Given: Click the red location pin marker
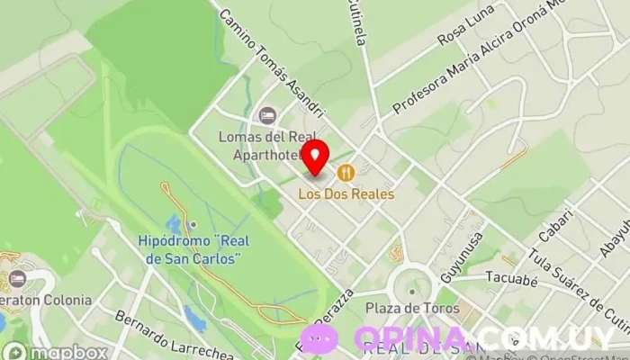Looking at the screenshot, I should click(x=315, y=158).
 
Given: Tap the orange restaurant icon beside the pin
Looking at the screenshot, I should click(x=344, y=172).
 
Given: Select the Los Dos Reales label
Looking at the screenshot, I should click(x=346, y=193).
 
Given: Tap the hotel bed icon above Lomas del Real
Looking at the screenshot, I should click(x=266, y=115).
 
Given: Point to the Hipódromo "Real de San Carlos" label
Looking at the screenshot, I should click(x=191, y=249).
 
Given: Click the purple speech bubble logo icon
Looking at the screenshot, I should click(x=319, y=339).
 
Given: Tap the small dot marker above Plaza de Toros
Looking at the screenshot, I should click(x=411, y=291).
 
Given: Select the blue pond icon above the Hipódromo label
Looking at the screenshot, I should click(x=173, y=224).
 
